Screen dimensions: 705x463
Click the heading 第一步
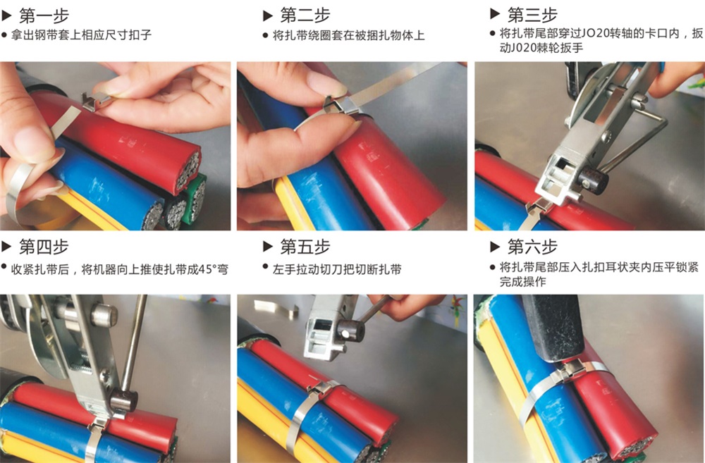(x=44, y=16)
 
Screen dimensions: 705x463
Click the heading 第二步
(x=305, y=16)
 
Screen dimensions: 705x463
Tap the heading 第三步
(x=532, y=16)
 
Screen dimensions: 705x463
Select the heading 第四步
(x=44, y=247)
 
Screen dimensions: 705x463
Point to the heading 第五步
(x=305, y=247)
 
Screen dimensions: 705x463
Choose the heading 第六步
(x=532, y=247)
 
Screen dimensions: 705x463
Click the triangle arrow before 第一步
(x=6, y=16)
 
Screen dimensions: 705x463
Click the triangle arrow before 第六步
(x=495, y=247)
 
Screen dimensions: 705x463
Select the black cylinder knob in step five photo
(x=350, y=332)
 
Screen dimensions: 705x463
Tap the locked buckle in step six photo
(x=570, y=371)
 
